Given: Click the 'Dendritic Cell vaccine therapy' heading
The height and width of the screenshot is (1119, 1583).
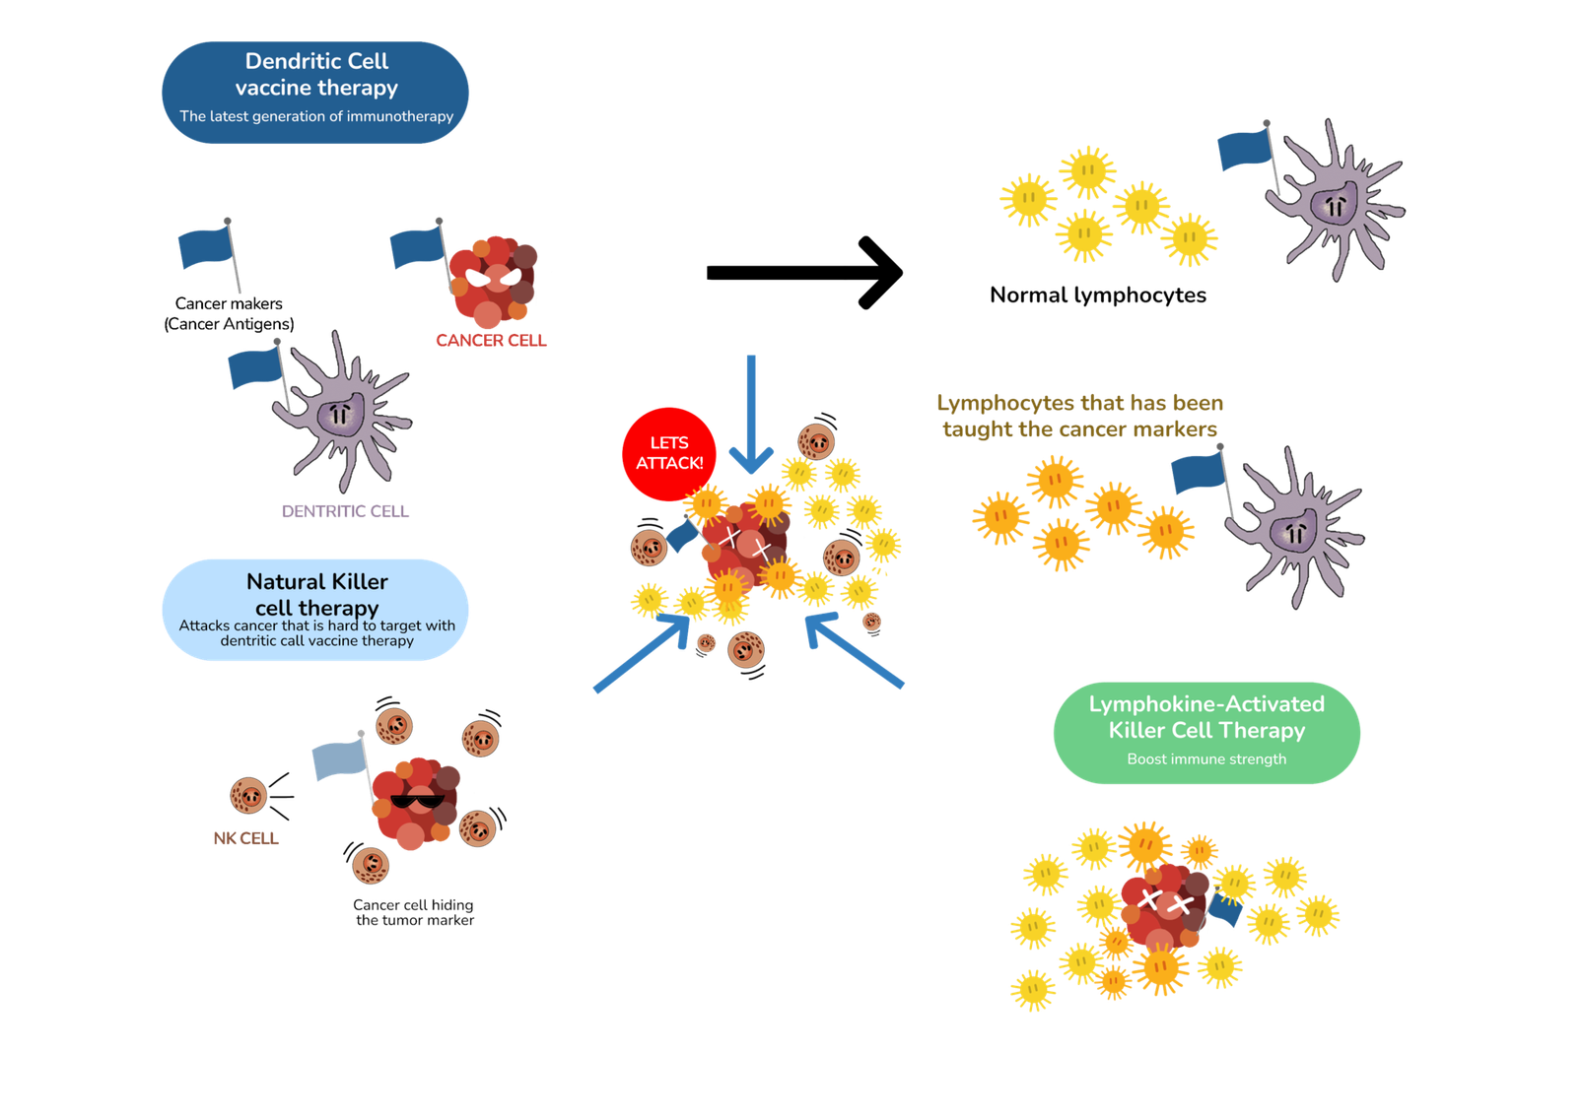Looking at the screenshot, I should [316, 74].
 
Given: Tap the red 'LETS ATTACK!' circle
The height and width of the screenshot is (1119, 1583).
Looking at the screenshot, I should [669, 453].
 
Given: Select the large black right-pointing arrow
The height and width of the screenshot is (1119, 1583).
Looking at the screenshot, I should [804, 273].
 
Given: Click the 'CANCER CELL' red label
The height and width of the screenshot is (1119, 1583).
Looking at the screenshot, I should [490, 340].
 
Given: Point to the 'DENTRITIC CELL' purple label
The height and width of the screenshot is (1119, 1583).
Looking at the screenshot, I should [345, 510].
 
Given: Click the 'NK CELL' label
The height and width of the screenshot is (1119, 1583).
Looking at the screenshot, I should [245, 837].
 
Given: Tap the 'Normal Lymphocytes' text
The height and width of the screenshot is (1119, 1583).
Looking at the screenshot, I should [1098, 295].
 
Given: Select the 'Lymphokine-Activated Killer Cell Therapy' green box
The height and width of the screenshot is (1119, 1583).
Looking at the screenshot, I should [1206, 731].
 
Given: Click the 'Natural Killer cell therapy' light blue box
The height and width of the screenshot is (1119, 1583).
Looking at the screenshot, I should [315, 609].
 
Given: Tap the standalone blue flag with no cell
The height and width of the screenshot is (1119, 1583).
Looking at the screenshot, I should [207, 248].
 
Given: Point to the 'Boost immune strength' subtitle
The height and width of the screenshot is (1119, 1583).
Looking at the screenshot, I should [1206, 758].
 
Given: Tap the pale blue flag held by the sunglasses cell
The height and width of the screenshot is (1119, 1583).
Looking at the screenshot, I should [339, 761].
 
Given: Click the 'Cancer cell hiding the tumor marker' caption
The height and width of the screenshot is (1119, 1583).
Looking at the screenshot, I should [414, 912].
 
